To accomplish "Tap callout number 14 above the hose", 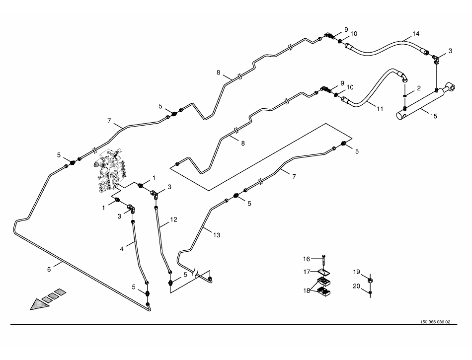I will [416, 34].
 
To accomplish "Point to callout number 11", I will [380, 108].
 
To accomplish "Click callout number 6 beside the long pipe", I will [49, 269].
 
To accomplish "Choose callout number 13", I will [217, 235].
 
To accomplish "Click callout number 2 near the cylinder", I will [419, 88].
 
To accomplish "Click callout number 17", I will [307, 272].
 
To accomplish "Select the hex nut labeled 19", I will [371, 282].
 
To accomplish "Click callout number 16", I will [307, 259].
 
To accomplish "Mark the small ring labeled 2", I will [406, 95].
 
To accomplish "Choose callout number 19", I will [356, 272].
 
